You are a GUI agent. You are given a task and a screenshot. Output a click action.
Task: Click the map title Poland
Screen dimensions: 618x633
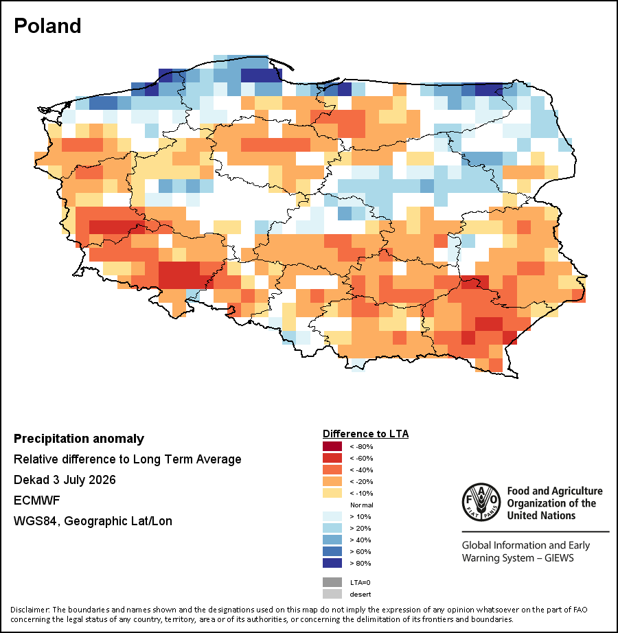[x=47, y=26]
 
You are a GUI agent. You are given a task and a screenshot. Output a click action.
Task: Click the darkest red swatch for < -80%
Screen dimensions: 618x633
[x=332, y=446]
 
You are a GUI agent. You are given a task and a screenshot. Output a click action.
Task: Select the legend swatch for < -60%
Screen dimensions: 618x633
[x=332, y=458]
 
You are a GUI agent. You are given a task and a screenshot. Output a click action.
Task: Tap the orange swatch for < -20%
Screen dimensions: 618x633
[x=332, y=481]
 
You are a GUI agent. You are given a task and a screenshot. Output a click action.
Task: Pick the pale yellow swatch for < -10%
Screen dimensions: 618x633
[x=332, y=494]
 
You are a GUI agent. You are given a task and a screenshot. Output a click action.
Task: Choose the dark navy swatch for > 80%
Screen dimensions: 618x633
[x=332, y=563]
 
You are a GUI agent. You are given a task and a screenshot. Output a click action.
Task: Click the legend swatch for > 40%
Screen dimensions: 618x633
[x=332, y=540]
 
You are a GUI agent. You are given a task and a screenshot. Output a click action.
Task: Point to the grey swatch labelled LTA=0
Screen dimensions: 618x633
[x=332, y=582]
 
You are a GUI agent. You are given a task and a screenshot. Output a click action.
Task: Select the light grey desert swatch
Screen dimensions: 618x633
[x=332, y=595]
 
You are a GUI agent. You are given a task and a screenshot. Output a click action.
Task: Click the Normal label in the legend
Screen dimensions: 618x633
[x=362, y=505]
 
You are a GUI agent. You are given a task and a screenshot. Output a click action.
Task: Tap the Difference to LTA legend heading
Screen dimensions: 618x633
[x=366, y=434]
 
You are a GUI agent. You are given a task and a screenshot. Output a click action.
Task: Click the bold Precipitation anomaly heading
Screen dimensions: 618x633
[x=79, y=439]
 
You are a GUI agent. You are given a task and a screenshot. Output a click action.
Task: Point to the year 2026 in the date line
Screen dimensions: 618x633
[x=102, y=480]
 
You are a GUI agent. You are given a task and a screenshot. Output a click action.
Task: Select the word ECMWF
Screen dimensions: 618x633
[x=36, y=500]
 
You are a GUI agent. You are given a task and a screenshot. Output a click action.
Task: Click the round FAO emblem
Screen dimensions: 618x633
[x=481, y=503]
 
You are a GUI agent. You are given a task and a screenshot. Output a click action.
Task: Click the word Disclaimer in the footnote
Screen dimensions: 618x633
[x=30, y=610]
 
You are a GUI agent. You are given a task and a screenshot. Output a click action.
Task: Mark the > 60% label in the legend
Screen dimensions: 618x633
[x=360, y=552]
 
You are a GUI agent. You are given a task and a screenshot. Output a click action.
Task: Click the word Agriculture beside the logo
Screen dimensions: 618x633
[x=579, y=492]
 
